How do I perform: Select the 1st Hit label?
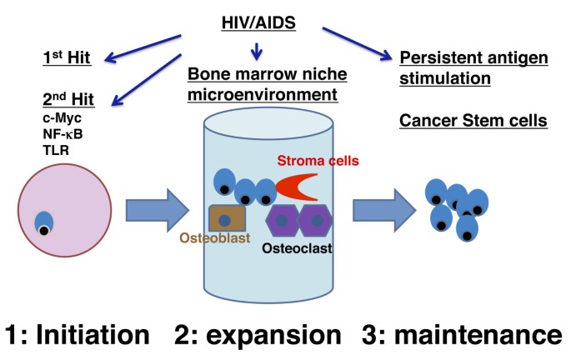68,58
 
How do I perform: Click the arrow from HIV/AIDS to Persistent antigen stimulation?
359,43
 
